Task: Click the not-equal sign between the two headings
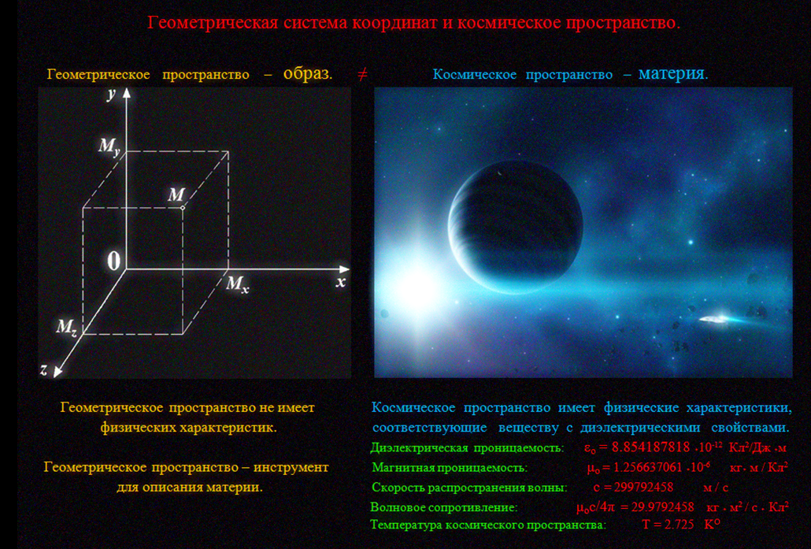(x=362, y=75)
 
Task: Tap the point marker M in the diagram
(x=183, y=208)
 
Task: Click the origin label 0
(x=114, y=261)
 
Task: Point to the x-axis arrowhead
(x=344, y=269)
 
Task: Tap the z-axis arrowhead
(x=57, y=370)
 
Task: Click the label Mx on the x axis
(x=238, y=284)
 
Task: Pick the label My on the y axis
(x=109, y=147)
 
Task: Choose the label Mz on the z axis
(x=67, y=328)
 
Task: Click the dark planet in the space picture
(x=515, y=227)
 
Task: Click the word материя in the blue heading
(x=672, y=73)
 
